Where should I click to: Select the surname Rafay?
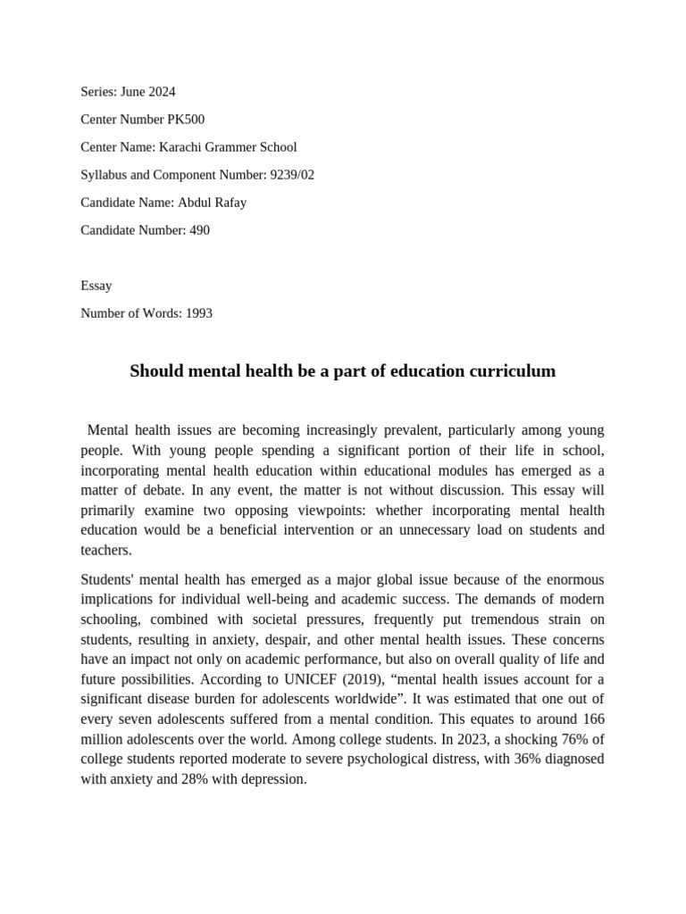click(x=228, y=202)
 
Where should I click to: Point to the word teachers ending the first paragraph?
click(x=105, y=550)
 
